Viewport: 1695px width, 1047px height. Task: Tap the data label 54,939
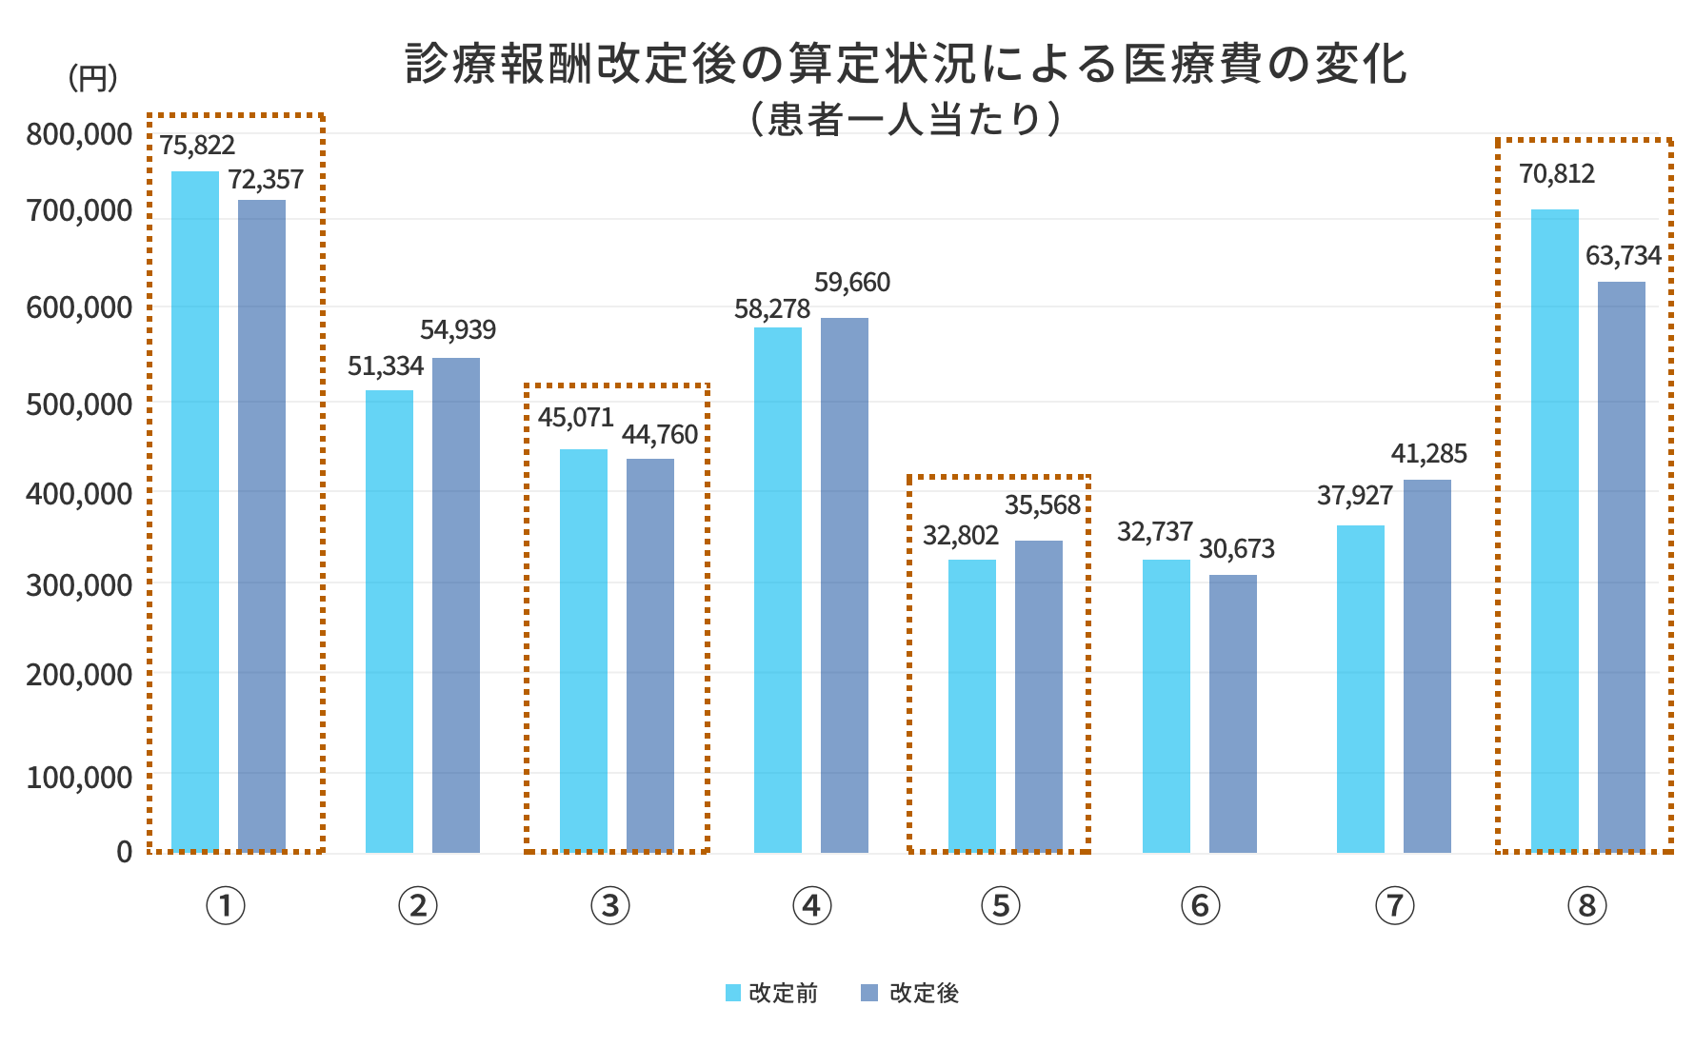point(458,330)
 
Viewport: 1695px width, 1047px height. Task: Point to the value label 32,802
point(961,535)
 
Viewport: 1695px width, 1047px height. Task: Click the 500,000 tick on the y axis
point(78,404)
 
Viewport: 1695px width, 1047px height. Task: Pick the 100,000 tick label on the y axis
point(78,777)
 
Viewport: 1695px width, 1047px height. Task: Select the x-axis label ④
point(811,905)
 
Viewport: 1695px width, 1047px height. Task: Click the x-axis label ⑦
point(1394,905)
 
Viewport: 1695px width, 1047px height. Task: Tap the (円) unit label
point(92,79)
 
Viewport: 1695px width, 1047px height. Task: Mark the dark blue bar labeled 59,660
point(845,585)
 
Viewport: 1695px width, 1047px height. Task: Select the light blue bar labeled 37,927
point(1361,689)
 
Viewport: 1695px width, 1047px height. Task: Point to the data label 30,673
point(1236,549)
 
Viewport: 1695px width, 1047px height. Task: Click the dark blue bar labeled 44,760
point(650,656)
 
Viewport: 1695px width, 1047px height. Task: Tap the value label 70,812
point(1556,174)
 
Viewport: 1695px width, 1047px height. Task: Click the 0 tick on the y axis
point(124,852)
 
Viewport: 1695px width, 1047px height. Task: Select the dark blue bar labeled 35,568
point(1039,697)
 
